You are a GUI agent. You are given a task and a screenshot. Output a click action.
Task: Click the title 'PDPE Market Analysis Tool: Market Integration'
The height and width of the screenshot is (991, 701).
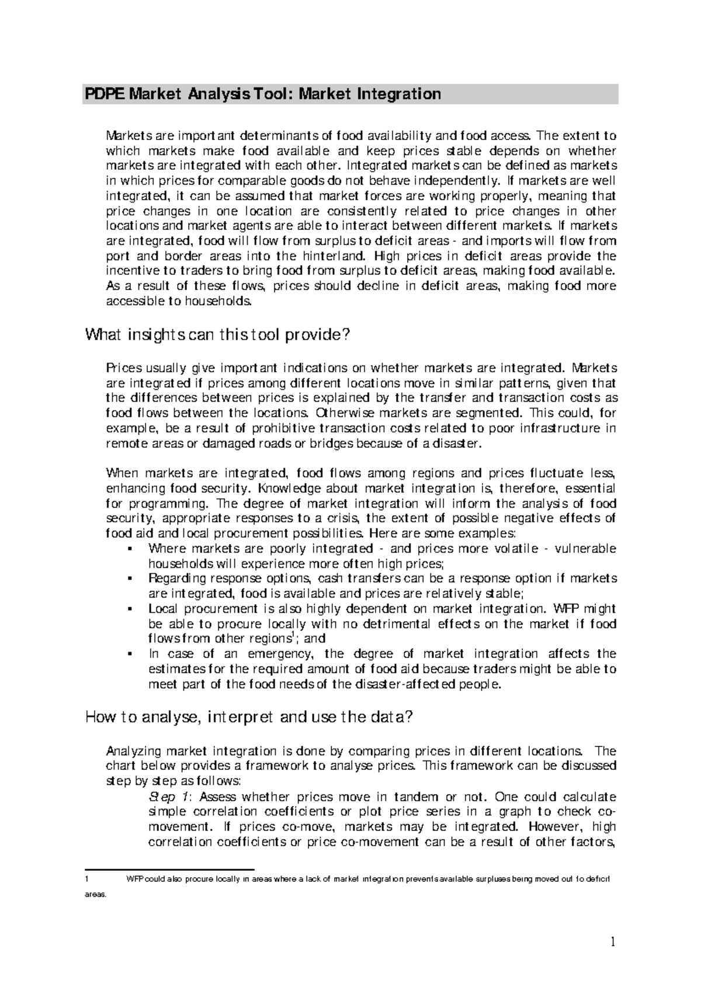pyautogui.click(x=263, y=94)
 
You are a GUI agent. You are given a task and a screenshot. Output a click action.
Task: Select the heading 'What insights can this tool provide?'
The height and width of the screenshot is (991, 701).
pyautogui.click(x=217, y=335)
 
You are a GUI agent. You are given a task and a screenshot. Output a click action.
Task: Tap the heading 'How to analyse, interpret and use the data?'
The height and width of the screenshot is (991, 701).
pyautogui.click(x=249, y=717)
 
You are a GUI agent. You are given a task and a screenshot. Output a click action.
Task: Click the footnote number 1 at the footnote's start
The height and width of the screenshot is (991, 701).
pyautogui.click(x=86, y=880)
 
